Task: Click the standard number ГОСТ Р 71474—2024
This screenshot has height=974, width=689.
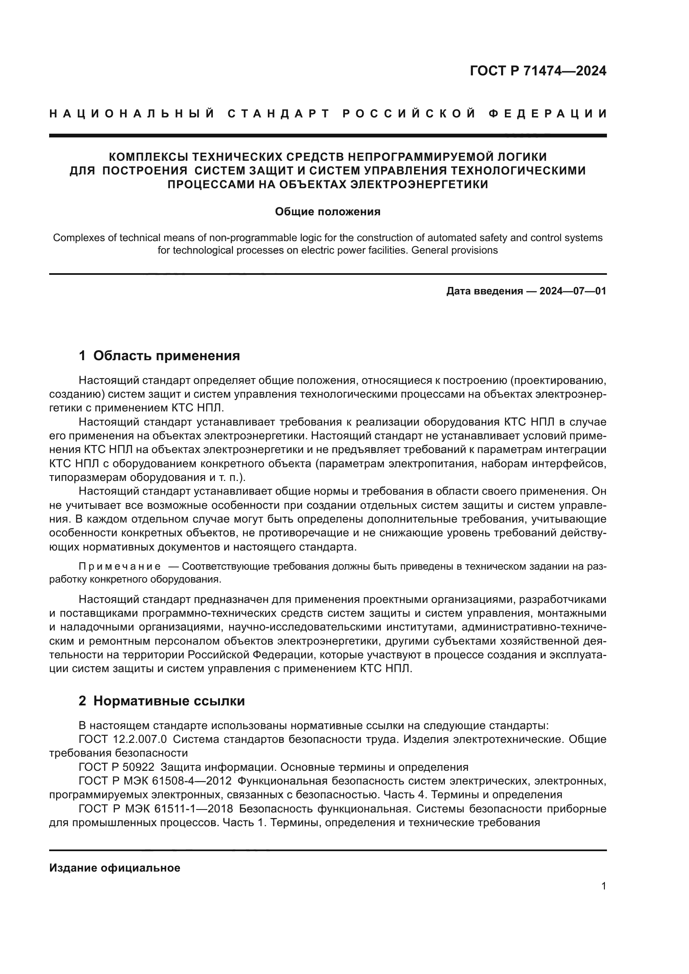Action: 537,71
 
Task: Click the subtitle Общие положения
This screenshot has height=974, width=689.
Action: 327,211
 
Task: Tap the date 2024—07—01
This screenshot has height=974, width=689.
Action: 572,291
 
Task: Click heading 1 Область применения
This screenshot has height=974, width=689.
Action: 160,356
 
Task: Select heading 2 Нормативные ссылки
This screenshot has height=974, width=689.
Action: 162,701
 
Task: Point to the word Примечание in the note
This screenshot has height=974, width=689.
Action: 120,567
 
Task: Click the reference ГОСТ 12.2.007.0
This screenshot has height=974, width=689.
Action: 122,740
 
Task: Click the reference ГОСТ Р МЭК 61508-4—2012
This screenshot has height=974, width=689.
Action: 155,781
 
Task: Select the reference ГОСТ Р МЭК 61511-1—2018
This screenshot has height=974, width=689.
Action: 155,809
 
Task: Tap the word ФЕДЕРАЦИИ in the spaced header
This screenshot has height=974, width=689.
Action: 548,114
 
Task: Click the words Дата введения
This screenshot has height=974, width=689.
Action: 484,291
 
